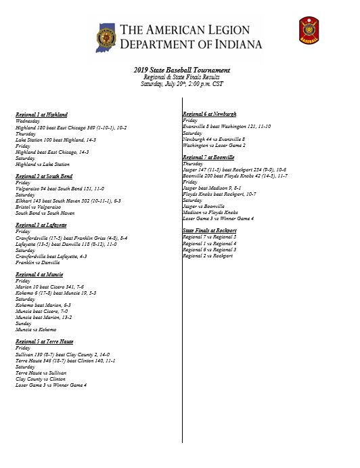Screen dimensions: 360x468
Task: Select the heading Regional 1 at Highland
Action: (x=41, y=114)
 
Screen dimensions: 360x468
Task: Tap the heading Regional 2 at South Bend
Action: (x=44, y=176)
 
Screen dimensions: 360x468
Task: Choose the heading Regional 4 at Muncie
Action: (x=40, y=274)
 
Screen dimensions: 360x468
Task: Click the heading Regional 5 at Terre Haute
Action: (x=44, y=341)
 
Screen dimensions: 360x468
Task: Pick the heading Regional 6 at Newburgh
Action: (x=209, y=114)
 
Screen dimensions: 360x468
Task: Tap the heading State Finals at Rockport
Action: (x=210, y=231)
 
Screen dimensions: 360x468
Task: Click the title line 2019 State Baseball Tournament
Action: (x=181, y=70)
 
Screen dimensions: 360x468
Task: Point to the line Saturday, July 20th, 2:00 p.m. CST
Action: (x=181, y=84)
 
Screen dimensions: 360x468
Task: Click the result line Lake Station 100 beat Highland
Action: (x=55, y=140)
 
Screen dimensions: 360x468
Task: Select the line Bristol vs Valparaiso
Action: (x=40, y=207)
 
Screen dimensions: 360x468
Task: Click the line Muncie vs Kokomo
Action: (x=39, y=330)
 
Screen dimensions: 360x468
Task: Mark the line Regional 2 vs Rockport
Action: (x=208, y=256)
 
